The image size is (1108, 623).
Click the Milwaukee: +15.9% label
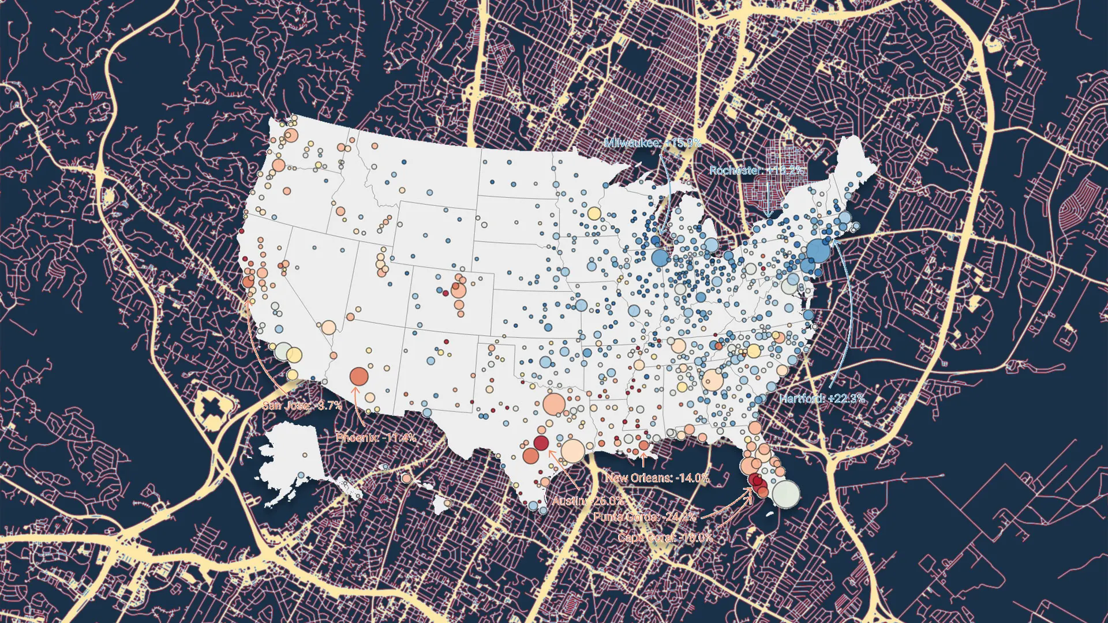click(x=652, y=142)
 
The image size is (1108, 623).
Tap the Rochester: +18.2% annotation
click(x=756, y=170)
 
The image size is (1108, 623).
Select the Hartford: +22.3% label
click(x=822, y=398)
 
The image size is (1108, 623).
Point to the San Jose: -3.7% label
click(x=302, y=406)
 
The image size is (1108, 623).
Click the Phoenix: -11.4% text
click(x=376, y=437)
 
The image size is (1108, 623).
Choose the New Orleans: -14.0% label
click(x=657, y=478)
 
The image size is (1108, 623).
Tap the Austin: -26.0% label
click(x=587, y=501)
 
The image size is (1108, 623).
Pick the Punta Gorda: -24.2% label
click(x=645, y=517)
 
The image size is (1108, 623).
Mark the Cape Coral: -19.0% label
click(x=665, y=538)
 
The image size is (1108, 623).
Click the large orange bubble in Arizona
click(x=359, y=377)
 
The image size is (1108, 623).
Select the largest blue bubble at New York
click(x=818, y=251)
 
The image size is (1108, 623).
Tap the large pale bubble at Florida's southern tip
click(x=786, y=494)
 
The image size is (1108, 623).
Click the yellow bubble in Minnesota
click(x=594, y=213)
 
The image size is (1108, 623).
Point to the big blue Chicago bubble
click(x=660, y=257)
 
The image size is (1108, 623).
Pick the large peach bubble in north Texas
click(x=554, y=404)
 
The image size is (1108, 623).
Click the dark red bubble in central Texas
click(x=541, y=442)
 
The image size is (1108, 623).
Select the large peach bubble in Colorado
click(x=459, y=290)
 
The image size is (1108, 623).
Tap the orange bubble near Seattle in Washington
click(x=291, y=136)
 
